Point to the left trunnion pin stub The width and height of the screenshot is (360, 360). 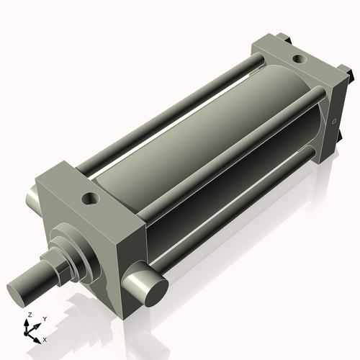pyautogui.click(x=32, y=196)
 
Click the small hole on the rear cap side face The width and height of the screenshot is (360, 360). pyautogui.click(x=333, y=120)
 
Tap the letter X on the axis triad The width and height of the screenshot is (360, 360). pyautogui.click(x=45, y=338)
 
